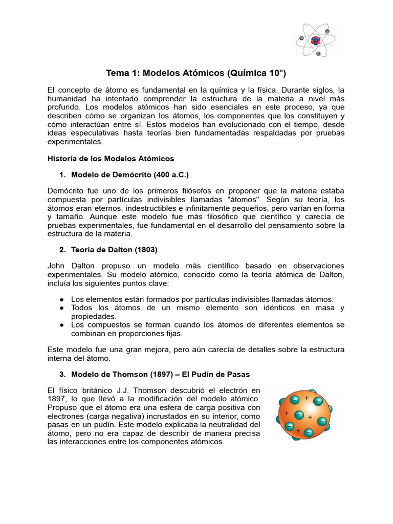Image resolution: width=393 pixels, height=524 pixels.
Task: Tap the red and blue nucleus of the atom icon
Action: click(316, 39)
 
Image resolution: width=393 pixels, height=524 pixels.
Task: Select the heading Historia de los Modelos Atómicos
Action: click(111, 158)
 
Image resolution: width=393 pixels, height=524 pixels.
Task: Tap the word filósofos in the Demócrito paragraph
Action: click(191, 191)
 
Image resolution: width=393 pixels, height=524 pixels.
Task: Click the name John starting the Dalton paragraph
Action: click(56, 266)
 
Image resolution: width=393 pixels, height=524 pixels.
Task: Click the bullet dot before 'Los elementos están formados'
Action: click(61, 299)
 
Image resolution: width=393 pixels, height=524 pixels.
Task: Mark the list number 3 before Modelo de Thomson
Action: click(62, 374)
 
